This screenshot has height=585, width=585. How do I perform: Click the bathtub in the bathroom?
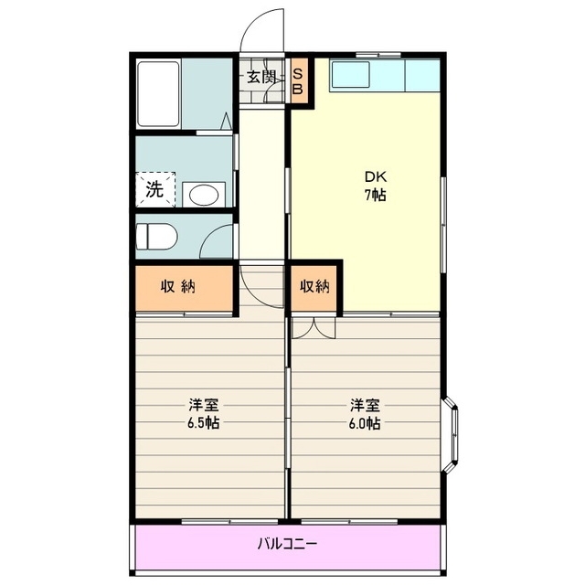(x=159, y=93)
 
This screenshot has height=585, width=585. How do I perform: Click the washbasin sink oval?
(x=203, y=194)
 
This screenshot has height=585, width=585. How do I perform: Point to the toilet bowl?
(x=156, y=237)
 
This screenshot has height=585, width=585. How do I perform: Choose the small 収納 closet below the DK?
(x=314, y=287)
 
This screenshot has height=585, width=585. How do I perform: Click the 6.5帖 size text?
(x=202, y=423)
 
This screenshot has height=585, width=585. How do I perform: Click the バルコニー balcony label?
(x=287, y=544)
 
